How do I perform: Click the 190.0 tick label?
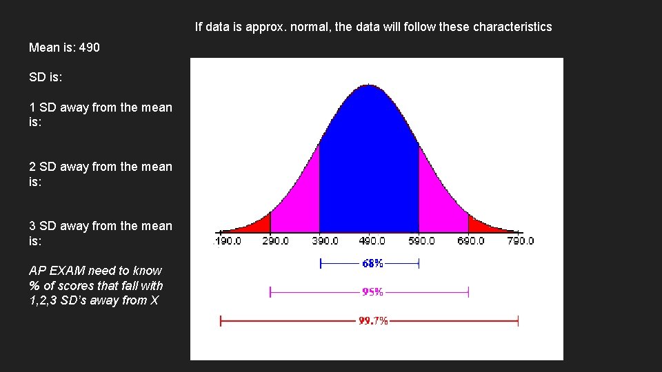pos(228,241)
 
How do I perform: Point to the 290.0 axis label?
pos(275,241)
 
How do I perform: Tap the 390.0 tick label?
pos(325,241)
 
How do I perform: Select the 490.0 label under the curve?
pos(372,241)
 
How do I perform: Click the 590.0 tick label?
pos(421,241)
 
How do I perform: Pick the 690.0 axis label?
pos(470,241)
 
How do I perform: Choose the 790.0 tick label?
pos(520,241)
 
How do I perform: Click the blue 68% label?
pos(372,263)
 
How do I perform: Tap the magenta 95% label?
pos(372,292)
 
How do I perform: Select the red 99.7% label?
pos(373,321)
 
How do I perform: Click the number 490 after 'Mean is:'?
pos(90,48)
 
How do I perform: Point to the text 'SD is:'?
pos(46,77)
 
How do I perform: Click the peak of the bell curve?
pos(369,86)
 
